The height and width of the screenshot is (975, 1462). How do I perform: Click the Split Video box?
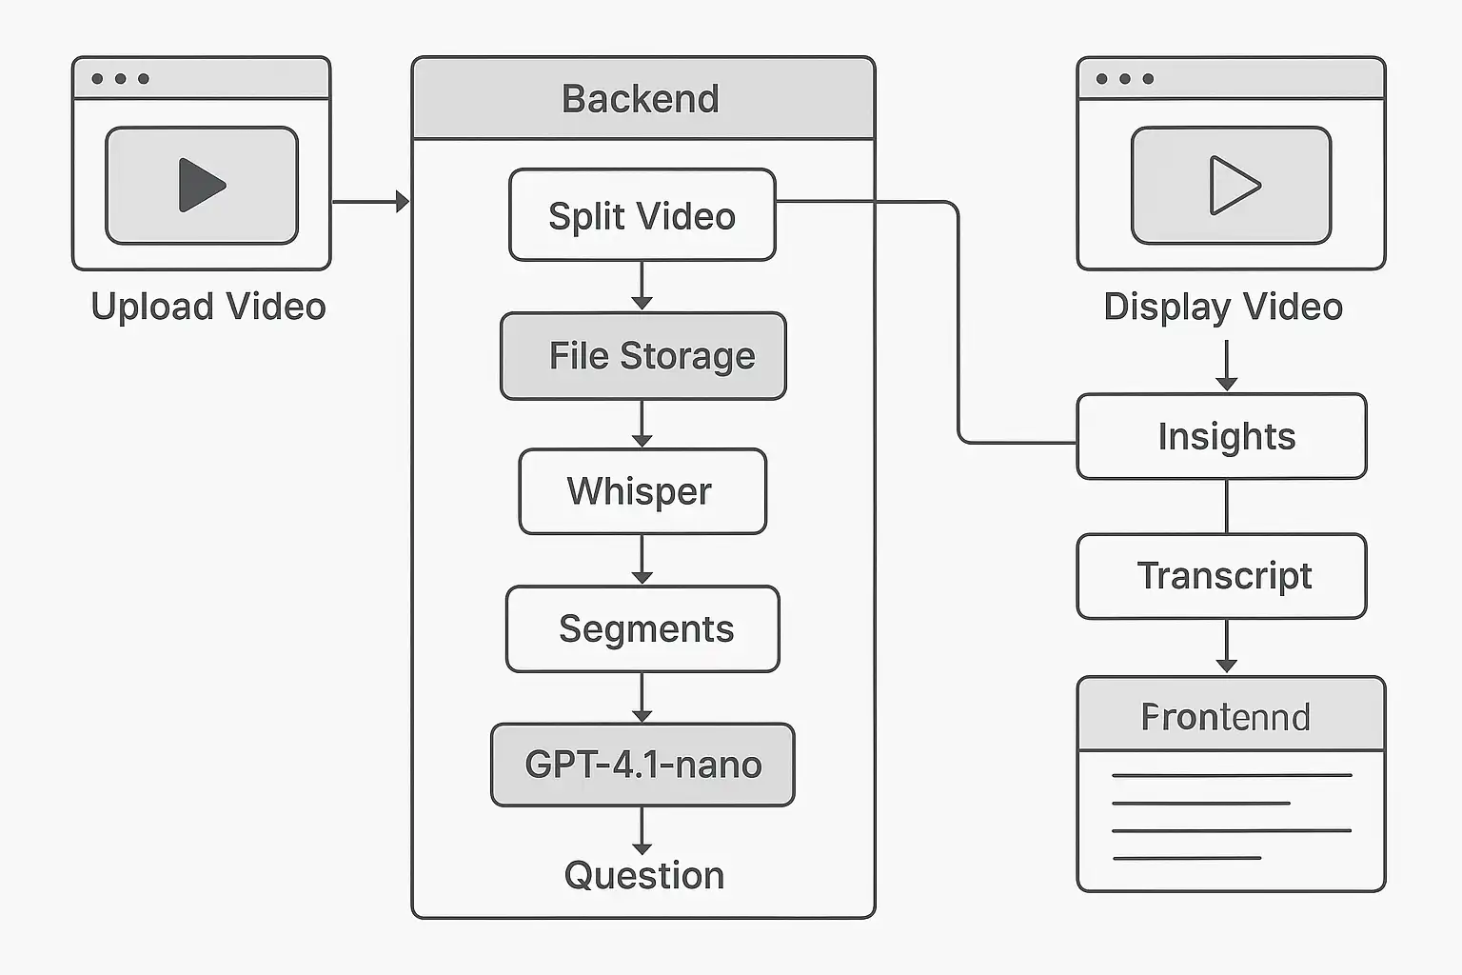tap(642, 215)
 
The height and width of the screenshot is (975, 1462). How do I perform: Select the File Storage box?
tap(643, 355)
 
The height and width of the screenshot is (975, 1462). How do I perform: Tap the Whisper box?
tap(642, 491)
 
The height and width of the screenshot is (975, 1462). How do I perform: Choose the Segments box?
tap(642, 628)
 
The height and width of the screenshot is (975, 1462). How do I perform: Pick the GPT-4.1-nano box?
tap(642, 765)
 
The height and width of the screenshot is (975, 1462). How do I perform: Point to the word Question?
tap(644, 875)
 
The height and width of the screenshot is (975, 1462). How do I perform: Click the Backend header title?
tap(641, 99)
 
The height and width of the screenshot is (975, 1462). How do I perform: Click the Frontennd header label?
tap(1226, 716)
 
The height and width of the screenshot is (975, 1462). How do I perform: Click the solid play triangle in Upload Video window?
tap(201, 185)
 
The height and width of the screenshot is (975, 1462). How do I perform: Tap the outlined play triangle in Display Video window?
tap(1234, 185)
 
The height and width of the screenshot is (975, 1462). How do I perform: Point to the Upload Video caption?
tap(208, 307)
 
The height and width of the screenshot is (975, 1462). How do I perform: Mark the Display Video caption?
tap(1223, 307)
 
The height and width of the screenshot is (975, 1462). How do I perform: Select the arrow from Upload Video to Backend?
tap(370, 202)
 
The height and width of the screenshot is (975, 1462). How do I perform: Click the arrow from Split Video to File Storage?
tap(642, 286)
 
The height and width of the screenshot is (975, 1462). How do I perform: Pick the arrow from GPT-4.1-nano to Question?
tap(642, 831)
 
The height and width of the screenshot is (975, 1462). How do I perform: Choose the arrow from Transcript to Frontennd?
tap(1227, 647)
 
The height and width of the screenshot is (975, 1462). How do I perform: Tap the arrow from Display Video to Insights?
tap(1227, 366)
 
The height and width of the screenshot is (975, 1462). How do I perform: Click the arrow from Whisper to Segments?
tap(642, 560)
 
